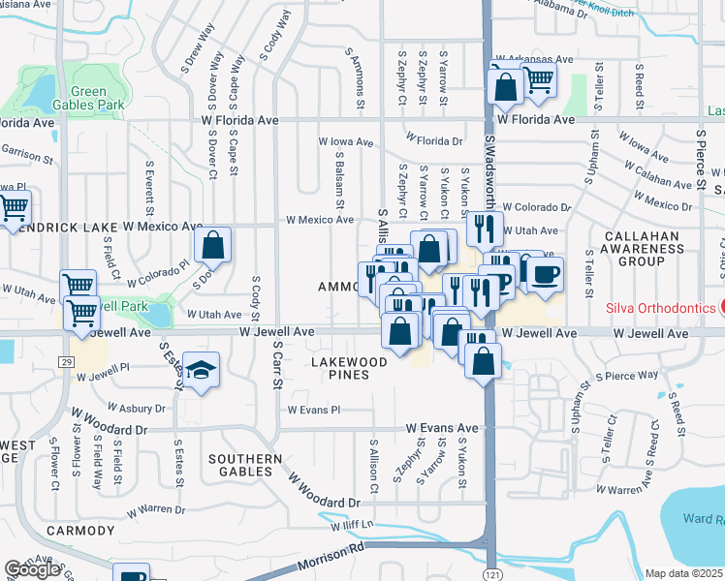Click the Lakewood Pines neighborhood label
tap(349, 368)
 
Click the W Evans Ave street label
tap(442, 427)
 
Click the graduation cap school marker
tap(201, 370)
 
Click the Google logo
tap(32, 569)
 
